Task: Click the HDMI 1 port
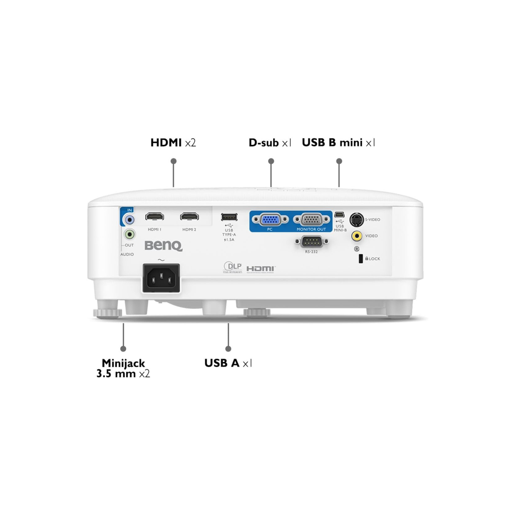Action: point(155,217)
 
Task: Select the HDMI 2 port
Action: point(190,217)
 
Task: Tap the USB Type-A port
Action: point(229,217)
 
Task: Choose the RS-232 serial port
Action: point(312,242)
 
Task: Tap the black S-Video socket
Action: point(357,219)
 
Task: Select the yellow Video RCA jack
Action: point(357,235)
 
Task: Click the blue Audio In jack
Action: point(130,219)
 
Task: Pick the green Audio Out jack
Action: point(130,234)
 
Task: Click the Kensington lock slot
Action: point(360,259)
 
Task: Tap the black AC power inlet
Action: point(161,277)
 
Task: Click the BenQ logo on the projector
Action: point(163,246)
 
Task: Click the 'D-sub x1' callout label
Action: point(270,143)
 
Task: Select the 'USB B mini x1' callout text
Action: point(338,143)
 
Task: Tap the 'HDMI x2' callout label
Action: point(173,143)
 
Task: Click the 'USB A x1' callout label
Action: point(228,363)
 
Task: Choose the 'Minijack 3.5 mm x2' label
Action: point(123,368)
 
